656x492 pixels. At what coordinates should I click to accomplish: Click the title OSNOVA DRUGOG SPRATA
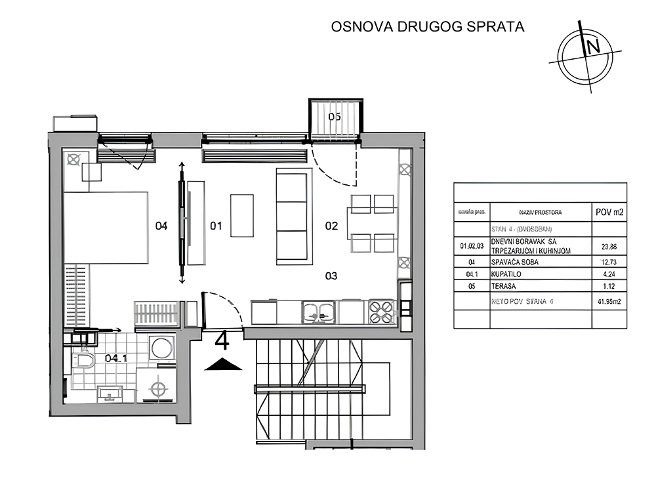(428, 27)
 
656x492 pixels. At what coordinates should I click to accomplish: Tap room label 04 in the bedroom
(161, 226)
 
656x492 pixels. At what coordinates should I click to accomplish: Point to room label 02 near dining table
(332, 226)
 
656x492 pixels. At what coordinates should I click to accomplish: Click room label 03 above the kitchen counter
(331, 276)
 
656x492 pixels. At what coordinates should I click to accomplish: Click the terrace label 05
(335, 117)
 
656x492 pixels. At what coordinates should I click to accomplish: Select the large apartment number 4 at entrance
(222, 342)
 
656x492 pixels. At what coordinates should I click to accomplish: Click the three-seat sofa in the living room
(292, 216)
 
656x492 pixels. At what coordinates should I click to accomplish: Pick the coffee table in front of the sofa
(242, 215)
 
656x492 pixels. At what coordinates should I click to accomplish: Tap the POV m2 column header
(609, 213)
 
